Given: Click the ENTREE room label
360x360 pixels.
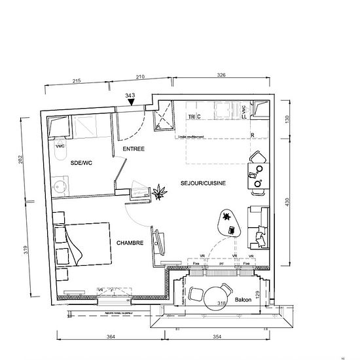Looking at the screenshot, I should click(x=133, y=149).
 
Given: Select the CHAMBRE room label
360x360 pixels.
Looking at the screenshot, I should click(x=130, y=243).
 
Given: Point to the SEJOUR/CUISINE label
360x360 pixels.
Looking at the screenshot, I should click(x=203, y=183).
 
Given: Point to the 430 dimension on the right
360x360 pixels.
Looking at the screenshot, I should click(x=286, y=203).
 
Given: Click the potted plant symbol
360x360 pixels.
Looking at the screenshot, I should click(x=159, y=192).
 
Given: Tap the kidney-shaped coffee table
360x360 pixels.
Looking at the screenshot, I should click(x=228, y=221).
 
